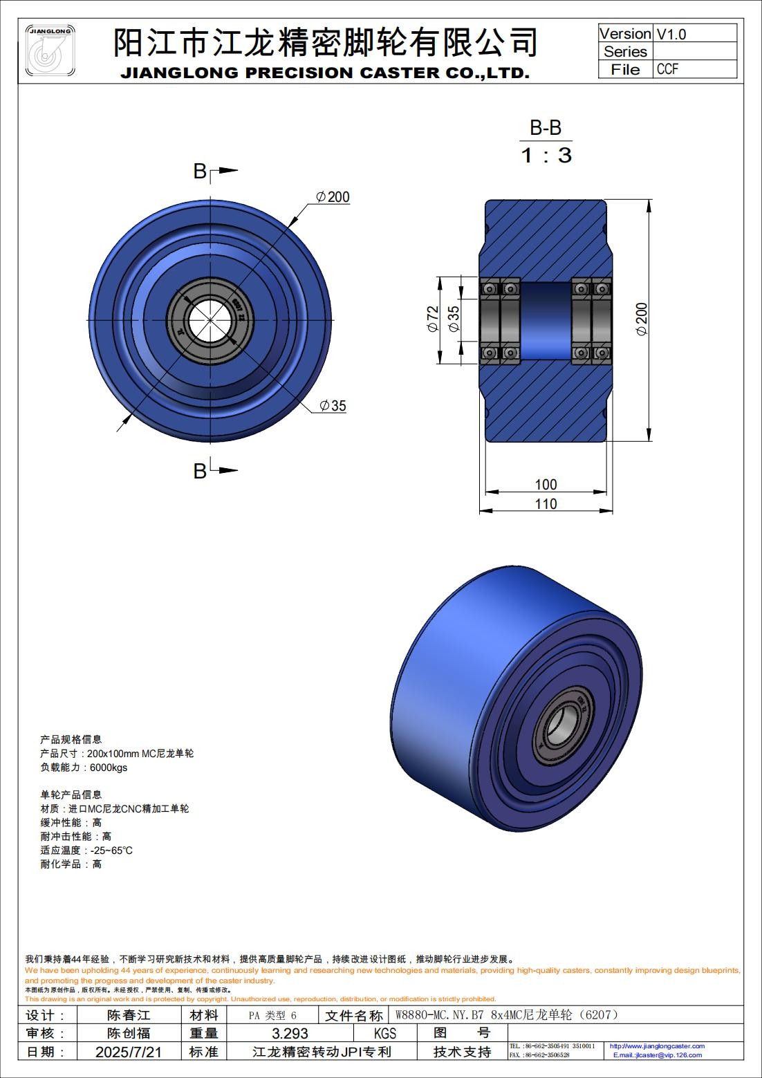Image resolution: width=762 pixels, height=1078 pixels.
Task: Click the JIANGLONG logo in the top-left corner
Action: click(50, 51)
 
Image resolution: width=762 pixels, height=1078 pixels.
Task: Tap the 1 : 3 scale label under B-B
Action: click(546, 155)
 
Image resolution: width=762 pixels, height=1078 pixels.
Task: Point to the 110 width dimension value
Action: click(546, 504)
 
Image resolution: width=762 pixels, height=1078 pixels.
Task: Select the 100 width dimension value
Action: click(546, 484)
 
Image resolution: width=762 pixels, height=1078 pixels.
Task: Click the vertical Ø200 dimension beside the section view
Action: click(642, 319)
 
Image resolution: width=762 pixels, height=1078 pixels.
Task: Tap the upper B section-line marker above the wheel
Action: click(201, 171)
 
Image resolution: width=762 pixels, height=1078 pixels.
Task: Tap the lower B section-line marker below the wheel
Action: click(201, 471)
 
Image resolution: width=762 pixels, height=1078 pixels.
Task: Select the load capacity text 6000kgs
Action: click(109, 768)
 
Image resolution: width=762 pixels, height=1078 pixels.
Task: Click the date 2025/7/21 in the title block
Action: click(129, 1052)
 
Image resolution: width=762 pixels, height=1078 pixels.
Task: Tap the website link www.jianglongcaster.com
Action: click(657, 1046)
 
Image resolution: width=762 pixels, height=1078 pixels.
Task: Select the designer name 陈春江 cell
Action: click(129, 1015)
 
